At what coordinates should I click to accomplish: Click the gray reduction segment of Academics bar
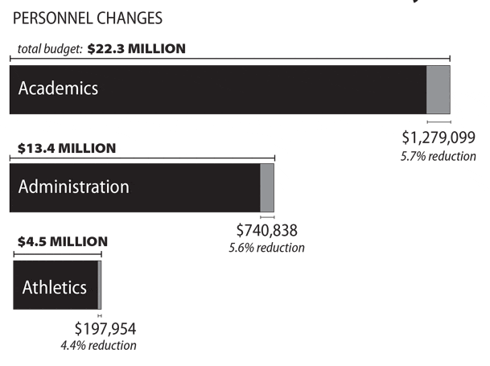pos(438,88)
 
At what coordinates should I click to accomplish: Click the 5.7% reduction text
pos(438,155)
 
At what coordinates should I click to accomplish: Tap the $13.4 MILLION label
pos(67,148)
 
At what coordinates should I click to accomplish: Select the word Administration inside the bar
pos(73,187)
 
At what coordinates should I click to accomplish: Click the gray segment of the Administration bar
pos(267,187)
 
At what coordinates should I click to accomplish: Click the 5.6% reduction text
pos(266,248)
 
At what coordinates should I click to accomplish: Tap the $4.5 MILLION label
pos(63,241)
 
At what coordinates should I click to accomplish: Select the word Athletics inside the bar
pos(54,286)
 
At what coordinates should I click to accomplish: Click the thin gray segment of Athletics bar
pos(99,286)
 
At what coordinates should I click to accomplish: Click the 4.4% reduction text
pos(98,345)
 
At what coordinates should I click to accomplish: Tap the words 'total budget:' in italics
pos(51,49)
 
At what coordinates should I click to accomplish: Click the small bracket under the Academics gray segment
pos(439,121)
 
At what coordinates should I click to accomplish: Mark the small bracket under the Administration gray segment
pos(267,217)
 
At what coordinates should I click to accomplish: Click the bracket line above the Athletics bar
pos(56,253)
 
